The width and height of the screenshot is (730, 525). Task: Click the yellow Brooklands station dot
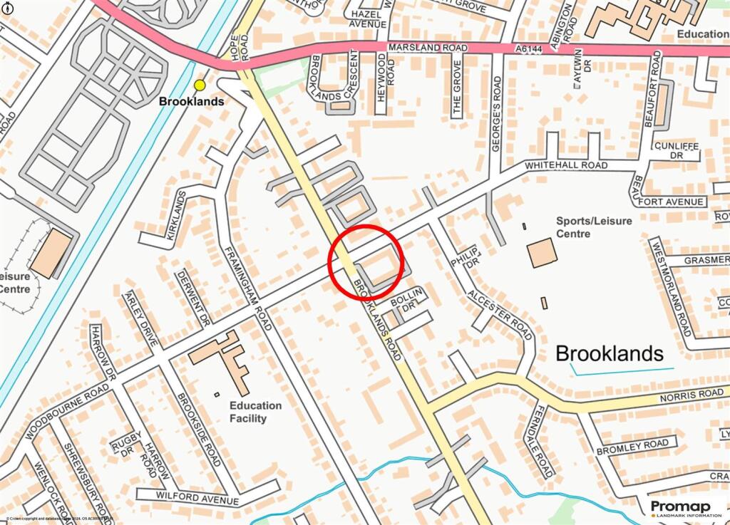(x=200, y=85)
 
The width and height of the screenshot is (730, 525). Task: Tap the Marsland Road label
(x=427, y=48)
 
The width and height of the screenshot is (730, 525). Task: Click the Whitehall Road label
(x=566, y=165)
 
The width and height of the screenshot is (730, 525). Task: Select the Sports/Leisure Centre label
(x=594, y=227)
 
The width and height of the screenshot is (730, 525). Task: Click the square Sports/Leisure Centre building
(x=542, y=253)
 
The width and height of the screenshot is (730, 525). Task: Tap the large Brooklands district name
(x=609, y=353)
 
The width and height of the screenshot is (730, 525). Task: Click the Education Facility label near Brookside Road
(x=255, y=412)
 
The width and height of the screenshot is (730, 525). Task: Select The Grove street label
(x=457, y=87)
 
